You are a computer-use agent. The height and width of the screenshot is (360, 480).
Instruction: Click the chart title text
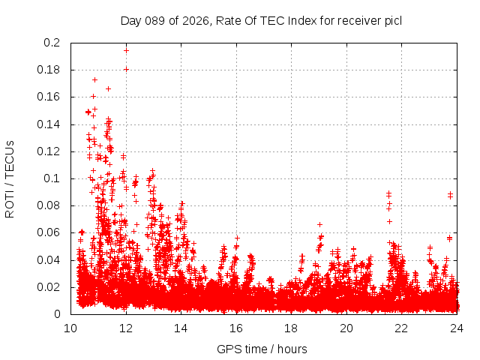click(261, 20)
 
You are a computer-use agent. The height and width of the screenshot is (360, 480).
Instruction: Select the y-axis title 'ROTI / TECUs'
click(10, 178)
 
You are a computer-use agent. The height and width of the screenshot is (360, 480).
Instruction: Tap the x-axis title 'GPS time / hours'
click(262, 349)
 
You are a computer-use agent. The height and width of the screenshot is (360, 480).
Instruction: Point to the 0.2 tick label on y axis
click(52, 43)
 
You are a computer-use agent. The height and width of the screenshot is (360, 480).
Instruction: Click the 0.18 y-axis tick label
click(49, 70)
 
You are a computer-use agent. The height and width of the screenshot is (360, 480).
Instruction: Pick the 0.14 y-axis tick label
click(49, 124)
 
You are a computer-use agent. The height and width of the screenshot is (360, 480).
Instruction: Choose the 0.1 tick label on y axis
click(52, 178)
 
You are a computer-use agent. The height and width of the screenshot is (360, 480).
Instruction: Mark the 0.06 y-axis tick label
click(49, 232)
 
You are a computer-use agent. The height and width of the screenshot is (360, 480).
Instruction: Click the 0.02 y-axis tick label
click(49, 287)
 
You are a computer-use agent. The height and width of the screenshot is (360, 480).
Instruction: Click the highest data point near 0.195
click(126, 50)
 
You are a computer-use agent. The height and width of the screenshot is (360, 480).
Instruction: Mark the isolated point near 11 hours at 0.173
click(95, 79)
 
